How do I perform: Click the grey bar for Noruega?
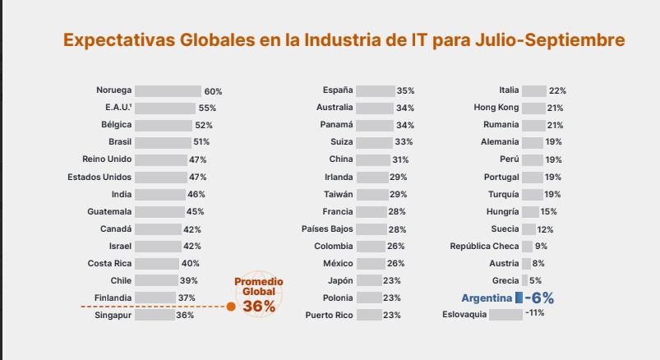(x=168, y=90)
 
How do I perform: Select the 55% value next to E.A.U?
(x=207, y=108)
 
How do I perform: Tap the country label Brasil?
(x=119, y=142)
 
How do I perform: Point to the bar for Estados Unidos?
(x=161, y=177)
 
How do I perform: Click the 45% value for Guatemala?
(x=195, y=211)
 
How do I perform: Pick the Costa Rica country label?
(x=109, y=263)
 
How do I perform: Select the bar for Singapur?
(x=155, y=315)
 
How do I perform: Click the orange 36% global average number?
(x=258, y=306)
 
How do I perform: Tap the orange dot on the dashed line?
(x=231, y=307)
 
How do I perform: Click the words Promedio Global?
(x=258, y=286)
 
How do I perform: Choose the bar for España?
(x=375, y=90)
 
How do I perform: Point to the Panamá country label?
(x=336, y=125)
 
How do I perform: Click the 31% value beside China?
(x=400, y=159)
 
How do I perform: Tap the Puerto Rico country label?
(x=329, y=315)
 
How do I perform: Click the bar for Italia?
(x=533, y=90)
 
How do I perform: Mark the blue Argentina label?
(x=486, y=298)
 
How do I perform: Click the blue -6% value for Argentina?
(x=539, y=298)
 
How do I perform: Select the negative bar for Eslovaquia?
(x=505, y=314)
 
